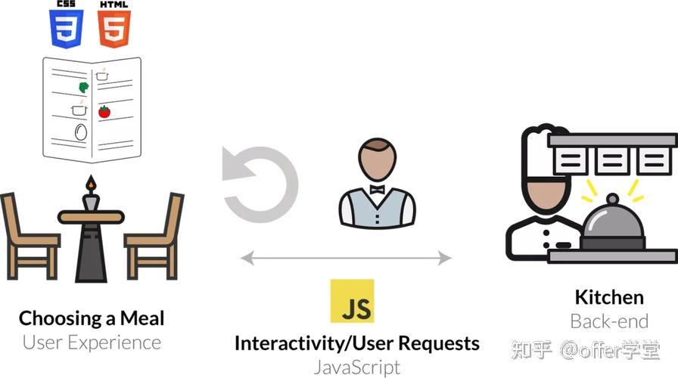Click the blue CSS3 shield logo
(66, 29)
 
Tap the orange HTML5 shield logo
(114, 29)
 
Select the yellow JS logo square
(352, 301)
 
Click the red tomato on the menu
(104, 112)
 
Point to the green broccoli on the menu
(83, 87)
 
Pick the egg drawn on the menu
(81, 132)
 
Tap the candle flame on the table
(91, 183)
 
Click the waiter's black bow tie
(377, 189)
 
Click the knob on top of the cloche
(612, 199)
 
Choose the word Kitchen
(609, 297)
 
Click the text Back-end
(609, 321)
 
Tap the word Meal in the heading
(142, 318)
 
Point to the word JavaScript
(357, 367)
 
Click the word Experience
(114, 343)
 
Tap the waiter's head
(377, 160)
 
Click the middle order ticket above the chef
(612, 161)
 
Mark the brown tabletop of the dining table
(91, 217)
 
